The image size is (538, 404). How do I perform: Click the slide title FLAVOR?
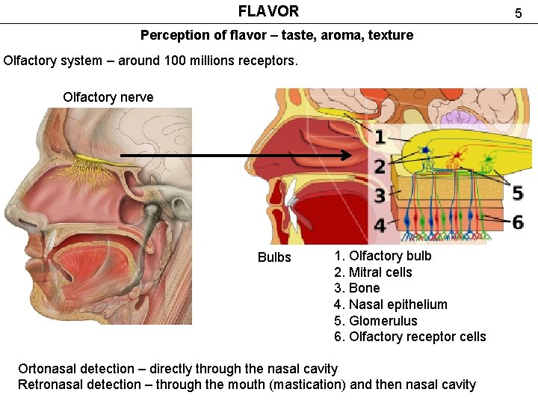tap(268, 11)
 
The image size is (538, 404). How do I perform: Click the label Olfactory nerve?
tap(108, 97)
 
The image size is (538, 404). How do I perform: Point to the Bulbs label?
tap(274, 257)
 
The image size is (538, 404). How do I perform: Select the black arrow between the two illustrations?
tap(236, 156)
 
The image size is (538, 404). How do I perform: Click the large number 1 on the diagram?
tap(380, 137)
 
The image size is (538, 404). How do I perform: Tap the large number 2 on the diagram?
tap(380, 167)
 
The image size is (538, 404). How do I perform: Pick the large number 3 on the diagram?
tap(380, 196)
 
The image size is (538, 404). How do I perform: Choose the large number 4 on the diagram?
tap(380, 225)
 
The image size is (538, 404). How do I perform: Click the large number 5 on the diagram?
tap(517, 194)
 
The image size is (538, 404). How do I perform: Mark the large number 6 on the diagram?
tap(517, 221)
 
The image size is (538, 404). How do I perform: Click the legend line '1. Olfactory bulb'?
tap(383, 256)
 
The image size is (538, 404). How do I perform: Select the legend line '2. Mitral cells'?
tap(373, 272)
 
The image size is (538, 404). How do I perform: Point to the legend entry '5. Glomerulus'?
tap(376, 321)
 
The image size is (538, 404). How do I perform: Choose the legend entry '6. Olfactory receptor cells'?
tap(409, 337)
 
